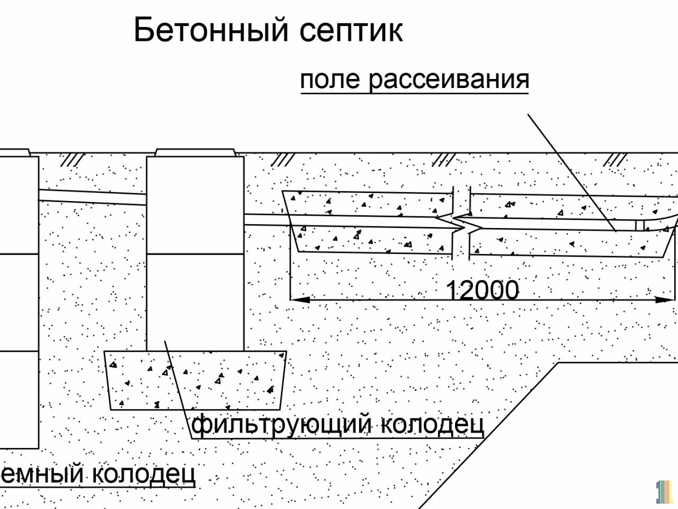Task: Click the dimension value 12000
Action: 482,290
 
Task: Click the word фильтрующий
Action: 281,424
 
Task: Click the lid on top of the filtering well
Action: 195,153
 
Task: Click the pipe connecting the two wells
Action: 93,197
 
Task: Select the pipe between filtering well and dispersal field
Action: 265,219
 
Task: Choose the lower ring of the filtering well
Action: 195,302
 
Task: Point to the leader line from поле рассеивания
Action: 572,172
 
